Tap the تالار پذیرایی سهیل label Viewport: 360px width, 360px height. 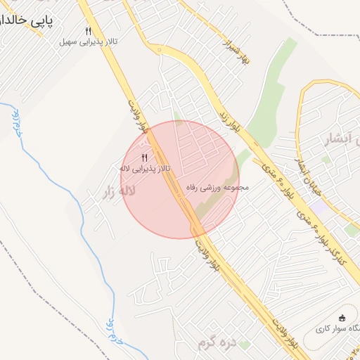pyautogui.click(x=89, y=42)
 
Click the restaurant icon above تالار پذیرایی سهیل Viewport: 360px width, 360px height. pyautogui.click(x=88, y=31)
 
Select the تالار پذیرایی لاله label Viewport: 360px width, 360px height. pyautogui.click(x=145, y=169)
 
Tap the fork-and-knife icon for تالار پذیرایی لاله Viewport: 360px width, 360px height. pyautogui.click(x=144, y=157)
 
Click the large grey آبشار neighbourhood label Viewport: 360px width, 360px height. pyautogui.click(x=337, y=138)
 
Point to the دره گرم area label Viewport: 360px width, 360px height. pyautogui.click(x=214, y=342)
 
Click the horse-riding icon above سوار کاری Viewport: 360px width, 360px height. pyautogui.click(x=342, y=317)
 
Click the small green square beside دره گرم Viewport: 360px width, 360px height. pyautogui.click(x=245, y=344)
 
